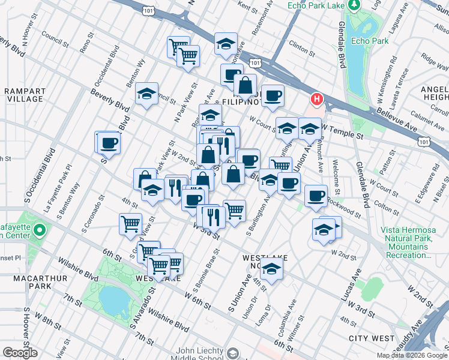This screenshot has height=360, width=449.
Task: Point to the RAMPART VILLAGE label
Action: (24, 95)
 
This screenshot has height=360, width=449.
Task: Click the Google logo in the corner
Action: (20, 353)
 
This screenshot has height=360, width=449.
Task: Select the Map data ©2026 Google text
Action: (412, 355)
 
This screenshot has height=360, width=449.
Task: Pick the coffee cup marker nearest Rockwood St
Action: (316, 196)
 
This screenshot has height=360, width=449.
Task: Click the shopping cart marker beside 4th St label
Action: (130, 224)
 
